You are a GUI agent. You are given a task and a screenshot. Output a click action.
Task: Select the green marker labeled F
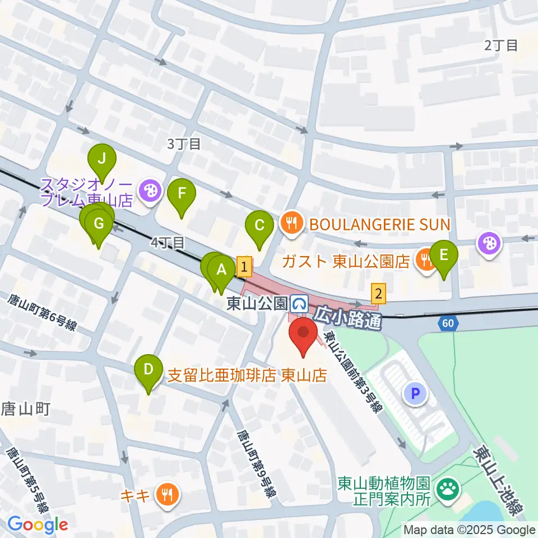pos(182,194)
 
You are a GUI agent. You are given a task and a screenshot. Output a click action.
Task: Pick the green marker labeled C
pos(259,226)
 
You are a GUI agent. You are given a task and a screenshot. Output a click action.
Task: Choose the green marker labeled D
pos(149,370)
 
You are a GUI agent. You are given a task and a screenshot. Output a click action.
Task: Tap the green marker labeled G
pos(99,224)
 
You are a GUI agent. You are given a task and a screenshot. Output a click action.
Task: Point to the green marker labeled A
pos(221,271)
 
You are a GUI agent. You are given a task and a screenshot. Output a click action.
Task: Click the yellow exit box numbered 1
pos(244,266)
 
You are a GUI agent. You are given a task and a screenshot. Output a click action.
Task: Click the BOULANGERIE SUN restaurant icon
pos(290,224)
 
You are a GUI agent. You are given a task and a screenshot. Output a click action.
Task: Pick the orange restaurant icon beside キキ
pos(168,494)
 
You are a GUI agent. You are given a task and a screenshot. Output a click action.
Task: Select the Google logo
pos(38,525)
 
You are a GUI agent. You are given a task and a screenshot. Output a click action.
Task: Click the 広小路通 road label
pos(347,317)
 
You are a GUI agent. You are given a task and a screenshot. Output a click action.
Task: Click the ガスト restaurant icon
pos(426,259)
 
